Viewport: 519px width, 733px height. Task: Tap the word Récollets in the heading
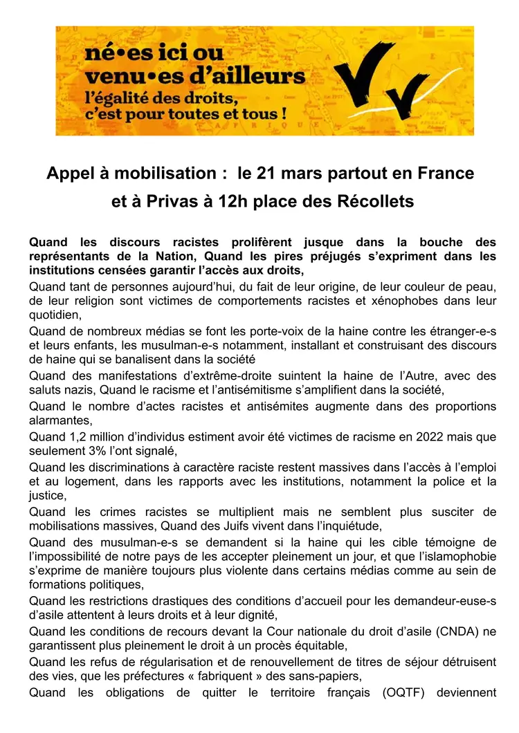tap(375, 202)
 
